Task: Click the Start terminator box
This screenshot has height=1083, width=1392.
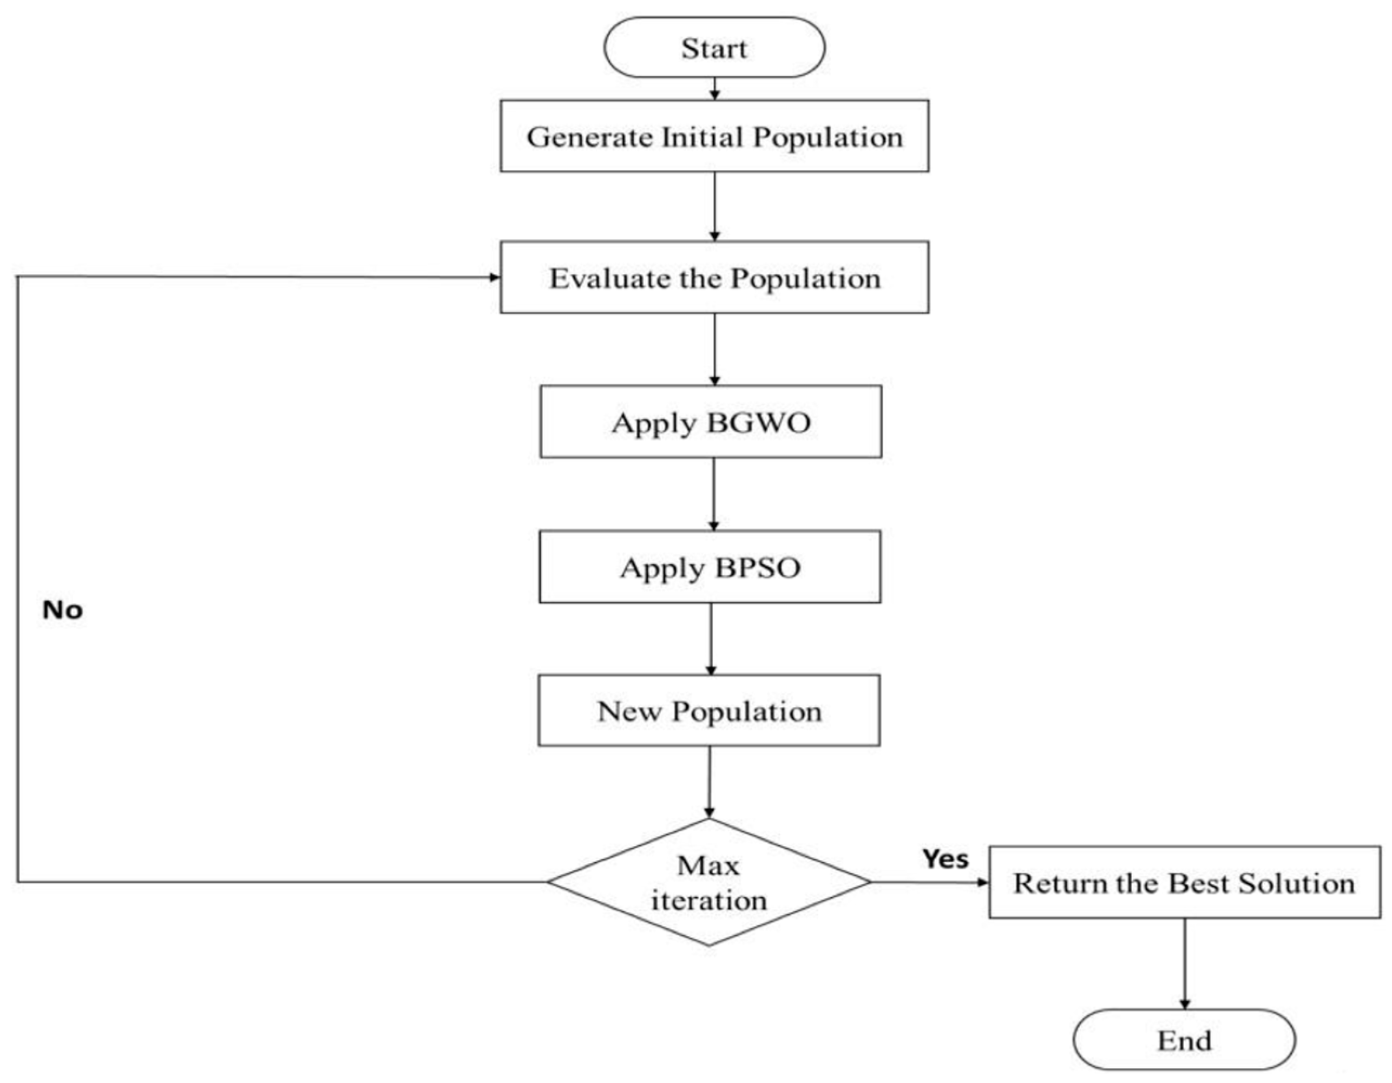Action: point(714,48)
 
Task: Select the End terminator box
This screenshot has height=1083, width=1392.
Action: point(1184,1040)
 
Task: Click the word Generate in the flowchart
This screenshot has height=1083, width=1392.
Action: point(589,137)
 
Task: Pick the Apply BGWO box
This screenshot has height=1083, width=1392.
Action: point(711,422)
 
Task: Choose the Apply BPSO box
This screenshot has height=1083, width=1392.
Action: point(710,567)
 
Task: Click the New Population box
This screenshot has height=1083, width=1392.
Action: point(710,711)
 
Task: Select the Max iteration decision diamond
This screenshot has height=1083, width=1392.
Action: point(709,882)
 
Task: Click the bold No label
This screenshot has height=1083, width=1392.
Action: point(62,610)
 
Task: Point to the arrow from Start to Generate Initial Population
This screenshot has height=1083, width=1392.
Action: point(714,89)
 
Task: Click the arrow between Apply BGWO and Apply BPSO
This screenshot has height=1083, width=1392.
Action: point(714,494)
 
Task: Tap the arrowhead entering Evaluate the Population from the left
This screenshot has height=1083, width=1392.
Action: point(494,277)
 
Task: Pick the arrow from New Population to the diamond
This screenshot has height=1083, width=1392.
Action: point(710,783)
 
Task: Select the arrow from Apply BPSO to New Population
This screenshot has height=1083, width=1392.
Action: point(711,639)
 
